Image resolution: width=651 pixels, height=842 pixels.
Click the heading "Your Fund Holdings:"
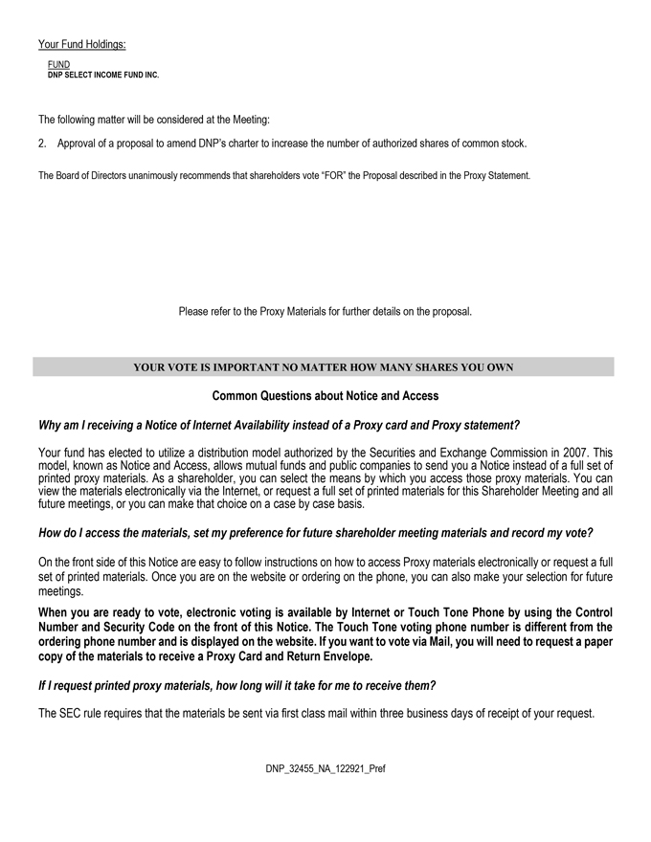point(82,44)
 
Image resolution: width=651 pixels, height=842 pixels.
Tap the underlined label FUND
point(58,64)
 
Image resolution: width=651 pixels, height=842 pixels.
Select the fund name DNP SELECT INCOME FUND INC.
point(103,75)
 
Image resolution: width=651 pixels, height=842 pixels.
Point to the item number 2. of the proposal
point(43,144)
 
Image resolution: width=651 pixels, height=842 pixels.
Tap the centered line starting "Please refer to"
point(325,311)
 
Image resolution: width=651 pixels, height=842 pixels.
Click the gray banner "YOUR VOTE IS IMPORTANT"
point(324,366)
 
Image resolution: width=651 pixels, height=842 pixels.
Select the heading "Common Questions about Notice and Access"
point(325,395)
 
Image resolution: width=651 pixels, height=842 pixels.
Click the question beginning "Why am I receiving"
point(279,425)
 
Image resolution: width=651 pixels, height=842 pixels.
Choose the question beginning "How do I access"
point(315,532)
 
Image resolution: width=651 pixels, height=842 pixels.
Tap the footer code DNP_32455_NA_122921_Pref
point(325,768)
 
